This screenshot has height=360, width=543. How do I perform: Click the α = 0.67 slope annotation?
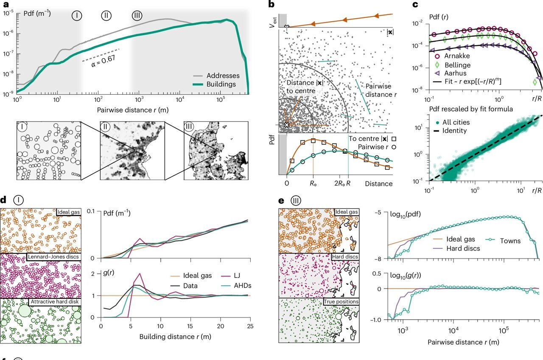click(x=103, y=61)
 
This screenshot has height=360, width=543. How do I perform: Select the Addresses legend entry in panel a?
click(x=216, y=76)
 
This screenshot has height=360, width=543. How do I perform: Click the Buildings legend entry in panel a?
click(x=214, y=84)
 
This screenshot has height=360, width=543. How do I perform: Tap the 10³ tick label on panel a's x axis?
click(x=139, y=100)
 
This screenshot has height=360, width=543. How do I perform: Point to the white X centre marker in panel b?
click(x=287, y=125)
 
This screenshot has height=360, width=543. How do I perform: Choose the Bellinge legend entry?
click(x=453, y=65)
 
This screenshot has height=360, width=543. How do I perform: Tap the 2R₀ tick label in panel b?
click(x=339, y=183)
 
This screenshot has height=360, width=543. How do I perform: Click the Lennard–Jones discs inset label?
click(x=53, y=257)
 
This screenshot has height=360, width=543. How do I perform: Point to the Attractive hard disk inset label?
click(x=55, y=301)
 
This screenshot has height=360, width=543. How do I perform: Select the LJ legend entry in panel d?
click(x=230, y=276)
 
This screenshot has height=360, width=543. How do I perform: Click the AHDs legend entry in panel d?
click(x=236, y=286)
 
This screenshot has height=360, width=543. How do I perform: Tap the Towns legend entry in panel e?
click(x=503, y=241)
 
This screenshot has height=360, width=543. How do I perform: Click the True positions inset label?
click(x=341, y=301)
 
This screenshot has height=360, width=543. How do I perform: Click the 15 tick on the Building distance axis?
click(x=190, y=326)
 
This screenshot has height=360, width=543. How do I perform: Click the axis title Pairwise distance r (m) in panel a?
click(x=133, y=110)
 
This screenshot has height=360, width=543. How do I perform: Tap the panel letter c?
click(x=415, y=4)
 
